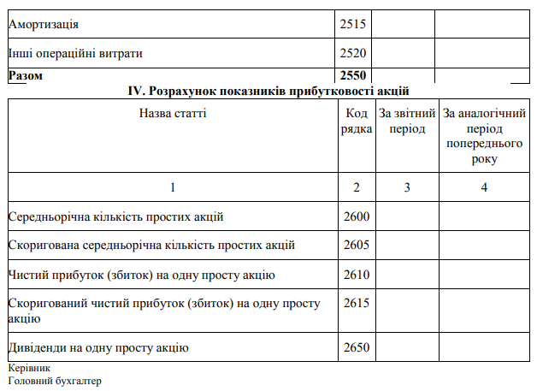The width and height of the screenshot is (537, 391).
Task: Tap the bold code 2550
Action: [x=353, y=75]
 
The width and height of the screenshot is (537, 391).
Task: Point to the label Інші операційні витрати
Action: [x=74, y=53]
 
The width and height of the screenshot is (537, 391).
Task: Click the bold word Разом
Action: [x=26, y=75]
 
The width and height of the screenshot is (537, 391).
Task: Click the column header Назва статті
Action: [x=173, y=113]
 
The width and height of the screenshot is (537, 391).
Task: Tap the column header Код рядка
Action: [x=357, y=121]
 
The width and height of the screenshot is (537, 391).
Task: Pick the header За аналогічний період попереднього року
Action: [x=483, y=135]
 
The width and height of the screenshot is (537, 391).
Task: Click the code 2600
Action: [x=356, y=216]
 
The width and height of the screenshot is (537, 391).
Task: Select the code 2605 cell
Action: [x=356, y=246]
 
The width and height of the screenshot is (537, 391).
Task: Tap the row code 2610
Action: [x=356, y=275]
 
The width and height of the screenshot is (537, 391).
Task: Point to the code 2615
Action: [x=356, y=304]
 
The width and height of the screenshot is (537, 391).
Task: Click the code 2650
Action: [x=356, y=347]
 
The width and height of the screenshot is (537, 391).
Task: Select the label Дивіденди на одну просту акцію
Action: [x=98, y=347]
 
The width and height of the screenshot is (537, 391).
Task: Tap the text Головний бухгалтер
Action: [x=54, y=381]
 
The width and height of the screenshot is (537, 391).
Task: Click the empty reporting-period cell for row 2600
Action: [x=405, y=216]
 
